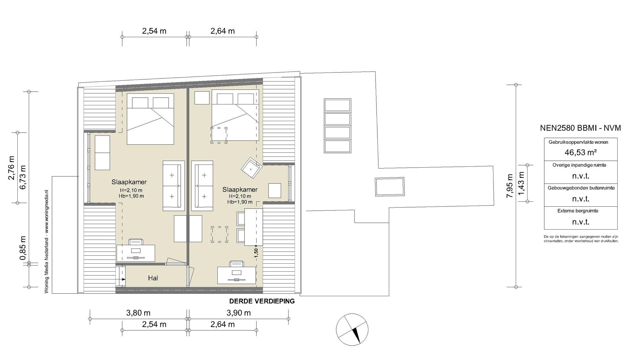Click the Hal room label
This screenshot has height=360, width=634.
pos(153,278)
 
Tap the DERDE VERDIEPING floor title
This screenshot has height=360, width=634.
pos(262,301)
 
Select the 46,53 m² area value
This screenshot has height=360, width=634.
pos(580,152)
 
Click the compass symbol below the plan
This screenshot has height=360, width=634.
pos(352,329)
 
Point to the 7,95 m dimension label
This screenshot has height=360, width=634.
pos(509,186)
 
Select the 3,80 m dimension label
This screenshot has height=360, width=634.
pos(138,313)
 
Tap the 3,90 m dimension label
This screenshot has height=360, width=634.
pos(239,313)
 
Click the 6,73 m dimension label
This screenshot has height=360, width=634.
pos(23,178)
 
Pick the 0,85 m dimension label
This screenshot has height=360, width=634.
pos(23,248)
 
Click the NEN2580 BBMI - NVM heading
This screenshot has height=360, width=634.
pos(580,128)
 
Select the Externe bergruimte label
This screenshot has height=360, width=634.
pos(578,211)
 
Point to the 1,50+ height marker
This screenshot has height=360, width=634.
pos(256,251)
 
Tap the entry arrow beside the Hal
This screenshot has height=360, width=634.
pos(123,279)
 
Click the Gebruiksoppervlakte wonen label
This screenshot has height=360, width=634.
pos(578,142)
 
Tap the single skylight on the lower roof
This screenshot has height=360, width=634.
pos(390,187)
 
